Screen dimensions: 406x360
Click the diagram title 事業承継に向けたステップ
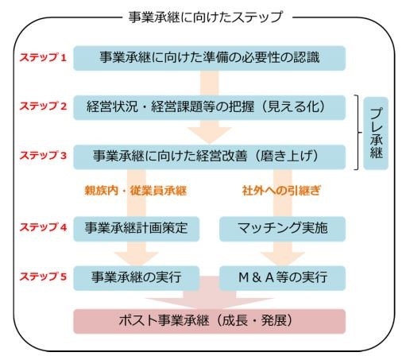pyautogui.click(x=206, y=17)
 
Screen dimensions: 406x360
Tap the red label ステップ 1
pyautogui.click(x=43, y=57)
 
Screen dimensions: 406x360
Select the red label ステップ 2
pyautogui.click(x=43, y=106)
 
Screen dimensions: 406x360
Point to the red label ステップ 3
pyautogui.click(x=43, y=155)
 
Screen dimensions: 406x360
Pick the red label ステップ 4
pyautogui.click(x=43, y=227)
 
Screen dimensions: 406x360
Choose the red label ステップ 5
pyautogui.click(x=43, y=277)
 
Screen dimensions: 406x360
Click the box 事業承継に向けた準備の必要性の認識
pyautogui.click(x=210, y=58)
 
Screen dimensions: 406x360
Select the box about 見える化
pyautogui.click(x=210, y=107)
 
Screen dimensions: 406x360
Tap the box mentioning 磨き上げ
pyautogui.click(x=210, y=157)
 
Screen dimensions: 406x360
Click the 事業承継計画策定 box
pyautogui.click(x=137, y=229)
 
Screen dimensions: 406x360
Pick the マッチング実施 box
pyautogui.click(x=283, y=229)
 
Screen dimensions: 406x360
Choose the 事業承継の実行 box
pyautogui.click(x=137, y=278)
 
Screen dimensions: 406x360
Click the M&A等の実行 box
pyautogui.click(x=283, y=278)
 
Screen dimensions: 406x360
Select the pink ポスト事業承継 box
pyautogui.click(x=210, y=321)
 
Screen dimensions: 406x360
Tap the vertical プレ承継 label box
pyautogui.click(x=376, y=134)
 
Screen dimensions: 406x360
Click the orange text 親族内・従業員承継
pyautogui.click(x=136, y=191)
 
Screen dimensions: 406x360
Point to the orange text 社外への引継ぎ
pyautogui.click(x=281, y=191)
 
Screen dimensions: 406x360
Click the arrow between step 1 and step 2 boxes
pyautogui.click(x=210, y=83)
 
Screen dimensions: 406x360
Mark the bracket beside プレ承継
pyautogui.click(x=358, y=132)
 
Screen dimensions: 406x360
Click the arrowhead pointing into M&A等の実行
pyautogui.click(x=283, y=259)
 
